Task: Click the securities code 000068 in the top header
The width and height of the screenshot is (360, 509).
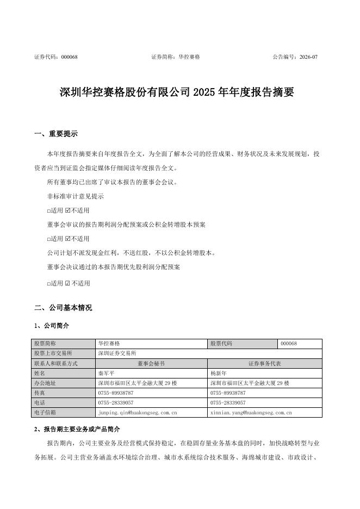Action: tap(69, 57)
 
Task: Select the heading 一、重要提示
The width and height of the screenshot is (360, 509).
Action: tap(55, 134)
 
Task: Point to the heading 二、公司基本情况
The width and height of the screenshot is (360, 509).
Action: tap(63, 308)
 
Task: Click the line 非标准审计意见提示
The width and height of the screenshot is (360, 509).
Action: tap(76, 196)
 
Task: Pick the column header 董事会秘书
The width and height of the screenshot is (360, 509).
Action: tap(151, 363)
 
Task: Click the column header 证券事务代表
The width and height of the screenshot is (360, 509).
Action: tap(264, 363)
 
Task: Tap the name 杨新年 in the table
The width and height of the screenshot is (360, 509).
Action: tap(219, 374)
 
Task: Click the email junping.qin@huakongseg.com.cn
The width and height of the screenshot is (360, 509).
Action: tap(137, 413)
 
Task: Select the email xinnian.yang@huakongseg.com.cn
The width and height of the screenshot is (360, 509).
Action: tap(251, 413)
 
